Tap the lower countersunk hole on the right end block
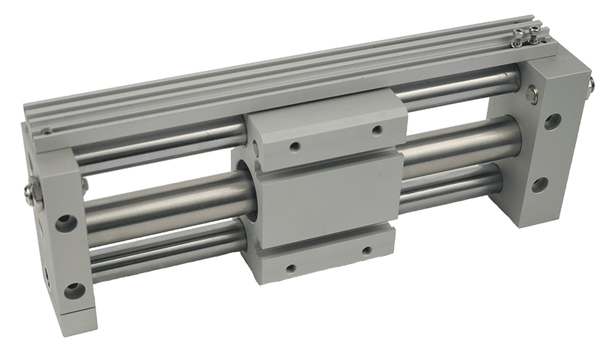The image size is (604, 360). pyautogui.click(x=541, y=185)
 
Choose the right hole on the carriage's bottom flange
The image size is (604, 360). pyautogui.click(x=368, y=249)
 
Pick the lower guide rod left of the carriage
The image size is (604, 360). pyautogui.click(x=166, y=249)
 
